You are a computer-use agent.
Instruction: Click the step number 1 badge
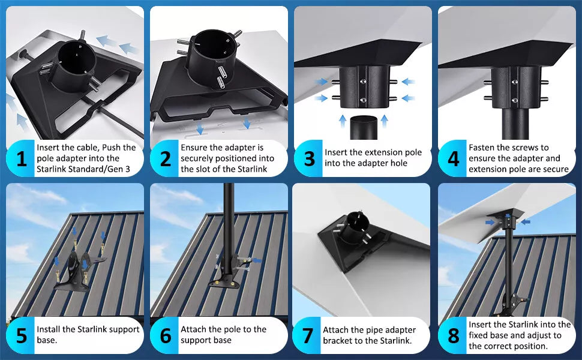point(21,158)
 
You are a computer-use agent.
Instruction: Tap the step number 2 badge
point(165,158)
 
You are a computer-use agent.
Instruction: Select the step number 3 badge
point(309,158)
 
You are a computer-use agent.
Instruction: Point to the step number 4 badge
point(453,158)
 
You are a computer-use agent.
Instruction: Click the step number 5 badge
point(21,335)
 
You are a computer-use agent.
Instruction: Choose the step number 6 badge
point(165,335)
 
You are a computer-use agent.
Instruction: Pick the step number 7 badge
point(307,335)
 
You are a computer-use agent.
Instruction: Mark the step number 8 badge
point(453,335)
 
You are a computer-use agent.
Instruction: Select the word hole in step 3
point(398,163)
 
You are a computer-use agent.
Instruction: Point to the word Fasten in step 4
point(481,148)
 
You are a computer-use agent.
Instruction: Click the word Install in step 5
point(48,329)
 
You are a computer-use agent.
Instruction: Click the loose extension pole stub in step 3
point(364,128)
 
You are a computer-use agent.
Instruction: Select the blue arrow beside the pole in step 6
point(256,260)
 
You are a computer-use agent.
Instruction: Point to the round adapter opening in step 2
point(211,48)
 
